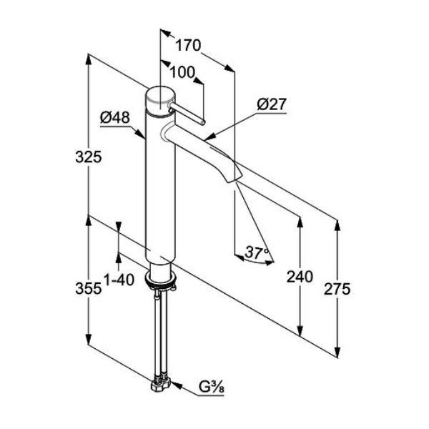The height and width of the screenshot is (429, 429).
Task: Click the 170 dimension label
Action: coord(188,45)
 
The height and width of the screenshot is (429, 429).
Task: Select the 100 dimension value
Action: coord(182,72)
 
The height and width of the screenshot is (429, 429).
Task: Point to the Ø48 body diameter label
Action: coord(115,118)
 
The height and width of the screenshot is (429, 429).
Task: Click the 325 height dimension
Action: coord(89,157)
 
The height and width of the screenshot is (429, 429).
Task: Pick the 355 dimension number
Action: coord(89,288)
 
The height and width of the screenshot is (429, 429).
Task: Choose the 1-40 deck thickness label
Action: coord(119,280)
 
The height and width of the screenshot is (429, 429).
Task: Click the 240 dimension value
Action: coord(300,277)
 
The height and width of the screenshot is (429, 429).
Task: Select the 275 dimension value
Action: coord(337,289)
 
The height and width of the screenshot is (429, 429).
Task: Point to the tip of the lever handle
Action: coord(202,122)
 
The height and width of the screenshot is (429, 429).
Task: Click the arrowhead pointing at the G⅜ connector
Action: coord(177,385)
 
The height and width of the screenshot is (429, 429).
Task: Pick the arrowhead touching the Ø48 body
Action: coord(140,134)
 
